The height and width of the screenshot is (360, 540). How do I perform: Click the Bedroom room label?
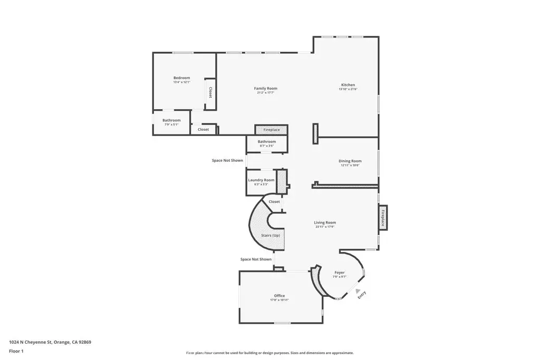coord(181,78)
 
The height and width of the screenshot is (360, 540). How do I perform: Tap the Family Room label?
coord(265,89)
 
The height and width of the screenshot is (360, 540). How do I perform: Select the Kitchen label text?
coord(348,85)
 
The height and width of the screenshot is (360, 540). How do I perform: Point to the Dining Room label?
coord(350,161)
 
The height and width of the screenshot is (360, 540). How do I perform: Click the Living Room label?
coord(325,222)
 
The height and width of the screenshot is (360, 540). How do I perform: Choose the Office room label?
coord(279,296)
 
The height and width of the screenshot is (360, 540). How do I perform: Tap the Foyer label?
coord(340,273)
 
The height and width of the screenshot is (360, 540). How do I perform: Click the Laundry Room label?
coord(261,180)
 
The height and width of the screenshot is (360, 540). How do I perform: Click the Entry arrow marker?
coord(359,291)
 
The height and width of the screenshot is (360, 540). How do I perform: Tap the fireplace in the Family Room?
coord(272,130)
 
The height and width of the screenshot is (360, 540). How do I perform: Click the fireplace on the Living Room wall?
coord(383,218)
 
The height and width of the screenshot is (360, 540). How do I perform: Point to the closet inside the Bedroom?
coord(210,93)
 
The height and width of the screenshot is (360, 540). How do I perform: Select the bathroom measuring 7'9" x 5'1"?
coord(171,122)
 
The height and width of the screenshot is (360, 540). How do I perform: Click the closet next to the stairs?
coord(274,202)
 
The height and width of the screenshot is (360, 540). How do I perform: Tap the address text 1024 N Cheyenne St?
coord(50,342)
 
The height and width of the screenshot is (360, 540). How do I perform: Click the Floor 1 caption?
coord(16,351)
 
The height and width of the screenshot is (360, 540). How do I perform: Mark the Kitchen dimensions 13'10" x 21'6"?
coord(348,90)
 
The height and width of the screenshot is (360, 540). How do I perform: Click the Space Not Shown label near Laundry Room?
coord(227,160)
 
